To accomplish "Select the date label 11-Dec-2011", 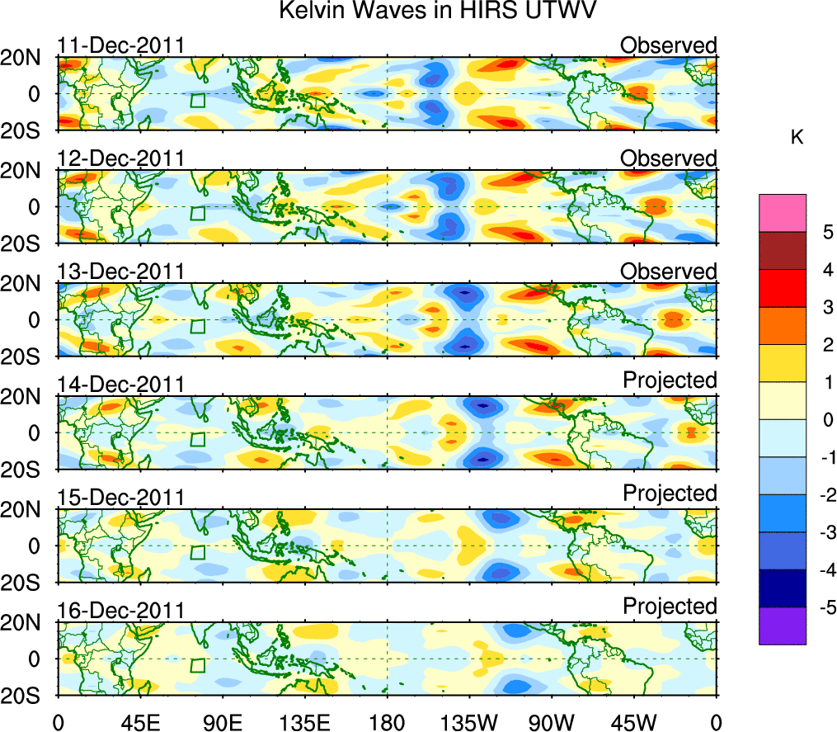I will (x=121, y=45).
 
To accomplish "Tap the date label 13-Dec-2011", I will (x=121, y=272).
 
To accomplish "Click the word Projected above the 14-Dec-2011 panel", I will (x=670, y=380).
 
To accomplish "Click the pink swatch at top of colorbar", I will (x=782, y=213).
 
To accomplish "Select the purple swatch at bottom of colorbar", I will (x=782, y=626).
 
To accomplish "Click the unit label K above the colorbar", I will (x=797, y=138).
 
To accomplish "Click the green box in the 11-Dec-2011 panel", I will (x=197, y=101).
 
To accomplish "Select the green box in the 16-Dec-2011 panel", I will (x=197, y=666).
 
